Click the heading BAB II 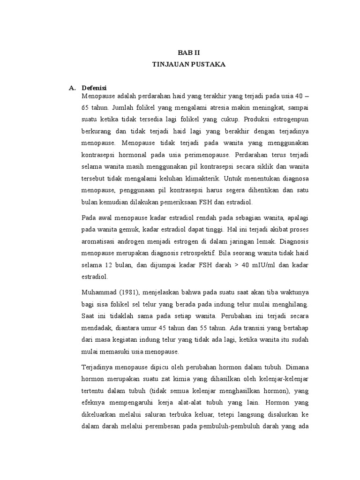pos(188,53)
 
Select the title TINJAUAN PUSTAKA pos(188,65)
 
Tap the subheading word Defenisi pos(94,88)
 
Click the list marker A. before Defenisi pos(72,88)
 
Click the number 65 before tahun pos(86,106)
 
